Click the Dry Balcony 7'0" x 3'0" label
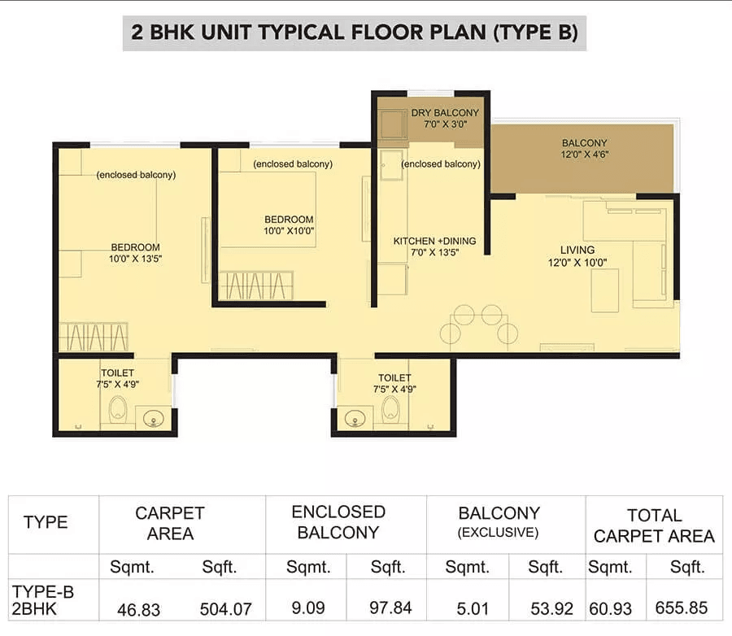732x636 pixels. click(445, 119)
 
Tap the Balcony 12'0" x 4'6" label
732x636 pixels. click(584, 149)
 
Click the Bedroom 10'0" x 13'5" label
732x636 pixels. click(136, 253)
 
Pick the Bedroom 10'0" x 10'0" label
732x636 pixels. click(289, 224)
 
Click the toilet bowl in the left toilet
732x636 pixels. click(117, 411)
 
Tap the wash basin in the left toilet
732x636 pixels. click(151, 418)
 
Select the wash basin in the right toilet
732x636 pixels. click(355, 418)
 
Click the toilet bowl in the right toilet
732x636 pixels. click(391, 411)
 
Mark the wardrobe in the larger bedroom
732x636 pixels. click(94, 337)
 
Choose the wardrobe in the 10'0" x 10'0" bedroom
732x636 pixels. click(255, 286)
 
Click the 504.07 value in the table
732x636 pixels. click(224, 608)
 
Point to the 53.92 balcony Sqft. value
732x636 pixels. click(545, 608)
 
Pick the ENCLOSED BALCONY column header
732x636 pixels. click(338, 521)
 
